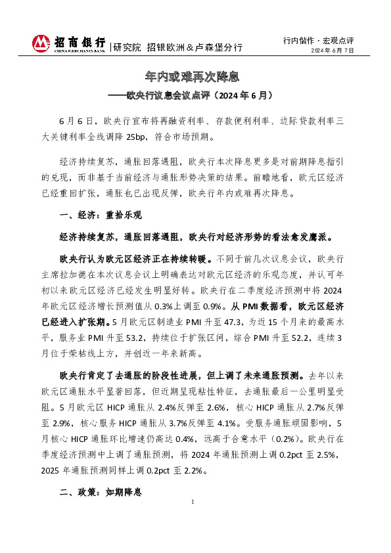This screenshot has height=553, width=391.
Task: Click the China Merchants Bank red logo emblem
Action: (42, 43)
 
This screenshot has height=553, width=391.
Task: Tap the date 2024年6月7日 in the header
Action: (333, 51)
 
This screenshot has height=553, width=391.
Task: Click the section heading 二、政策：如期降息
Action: (100, 492)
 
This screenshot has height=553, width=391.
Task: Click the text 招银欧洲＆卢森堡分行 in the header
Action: (195, 47)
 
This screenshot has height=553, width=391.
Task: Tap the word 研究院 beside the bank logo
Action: (127, 47)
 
